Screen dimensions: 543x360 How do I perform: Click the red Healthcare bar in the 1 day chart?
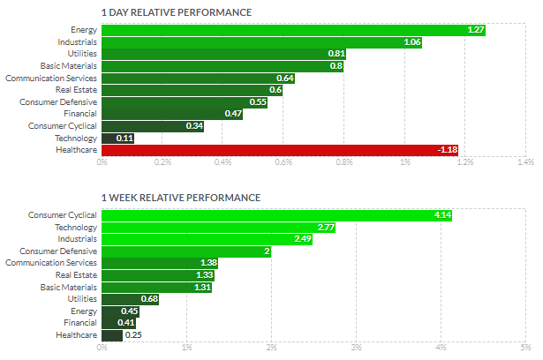point(280,150)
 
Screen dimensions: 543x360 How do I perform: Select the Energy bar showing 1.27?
point(294,30)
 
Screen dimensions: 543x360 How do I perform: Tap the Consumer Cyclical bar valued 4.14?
point(276,215)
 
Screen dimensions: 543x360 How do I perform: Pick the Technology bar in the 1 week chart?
point(218,228)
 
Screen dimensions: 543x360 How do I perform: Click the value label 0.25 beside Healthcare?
point(133,335)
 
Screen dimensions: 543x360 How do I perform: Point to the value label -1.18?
point(448,150)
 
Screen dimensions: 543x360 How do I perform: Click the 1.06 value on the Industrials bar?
point(412,42)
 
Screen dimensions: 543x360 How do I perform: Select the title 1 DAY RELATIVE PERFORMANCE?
point(177,12)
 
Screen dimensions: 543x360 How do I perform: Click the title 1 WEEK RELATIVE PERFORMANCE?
point(181,198)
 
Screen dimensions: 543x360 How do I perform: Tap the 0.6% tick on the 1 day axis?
point(283,162)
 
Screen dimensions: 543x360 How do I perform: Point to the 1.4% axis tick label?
point(525,162)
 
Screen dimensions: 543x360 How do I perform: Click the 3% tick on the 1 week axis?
point(357,347)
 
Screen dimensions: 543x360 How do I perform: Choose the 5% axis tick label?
point(525,347)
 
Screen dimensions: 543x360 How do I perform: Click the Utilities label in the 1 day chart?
point(82,54)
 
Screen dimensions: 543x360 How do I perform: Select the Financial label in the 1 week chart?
point(80,323)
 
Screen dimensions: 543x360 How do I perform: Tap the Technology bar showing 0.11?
point(117,139)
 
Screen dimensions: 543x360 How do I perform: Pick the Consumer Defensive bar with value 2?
point(186,251)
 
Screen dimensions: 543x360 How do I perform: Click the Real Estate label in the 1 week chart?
point(76,274)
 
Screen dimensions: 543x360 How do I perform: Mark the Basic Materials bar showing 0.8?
point(222,66)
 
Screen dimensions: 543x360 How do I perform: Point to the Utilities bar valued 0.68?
point(130,299)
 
